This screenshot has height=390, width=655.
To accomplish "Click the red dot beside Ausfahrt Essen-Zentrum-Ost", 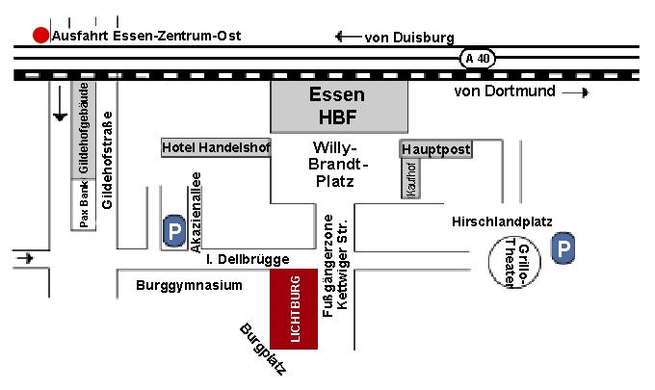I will point(40,36).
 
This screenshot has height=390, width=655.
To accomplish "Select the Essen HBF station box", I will point(337,107).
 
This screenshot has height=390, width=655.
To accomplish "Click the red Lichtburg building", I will point(294,309).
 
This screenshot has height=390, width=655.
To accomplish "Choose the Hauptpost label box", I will point(436,149).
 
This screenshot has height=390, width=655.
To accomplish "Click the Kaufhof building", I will point(411,180).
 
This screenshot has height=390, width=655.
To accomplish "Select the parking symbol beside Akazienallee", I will point(174,231).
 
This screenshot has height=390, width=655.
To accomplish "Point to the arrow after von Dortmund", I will point(575,92).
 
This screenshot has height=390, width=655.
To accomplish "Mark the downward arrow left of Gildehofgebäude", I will point(60,105).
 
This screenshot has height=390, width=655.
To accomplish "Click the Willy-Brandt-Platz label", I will point(334,164).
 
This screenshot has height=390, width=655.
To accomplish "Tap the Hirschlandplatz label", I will point(501,221).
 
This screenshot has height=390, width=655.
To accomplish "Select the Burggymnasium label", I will point(188,286).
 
